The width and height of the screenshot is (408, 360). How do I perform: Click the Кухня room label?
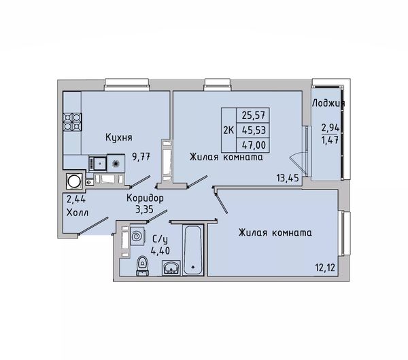[118, 137]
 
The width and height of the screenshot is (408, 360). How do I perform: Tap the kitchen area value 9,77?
[141, 157]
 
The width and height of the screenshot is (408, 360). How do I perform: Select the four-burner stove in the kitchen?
[73, 122]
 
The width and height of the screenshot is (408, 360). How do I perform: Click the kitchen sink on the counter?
[98, 163]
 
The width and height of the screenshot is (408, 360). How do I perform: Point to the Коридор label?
[146, 198]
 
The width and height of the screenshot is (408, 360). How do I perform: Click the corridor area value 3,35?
[144, 209]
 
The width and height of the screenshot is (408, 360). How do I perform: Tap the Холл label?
[78, 213]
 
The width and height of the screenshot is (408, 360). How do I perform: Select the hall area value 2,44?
[76, 200]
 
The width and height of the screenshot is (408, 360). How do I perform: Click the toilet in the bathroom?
[142, 266]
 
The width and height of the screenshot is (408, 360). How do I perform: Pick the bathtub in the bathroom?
[193, 250]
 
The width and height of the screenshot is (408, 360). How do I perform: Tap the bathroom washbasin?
[171, 268]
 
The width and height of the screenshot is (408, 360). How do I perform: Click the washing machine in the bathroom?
[137, 236]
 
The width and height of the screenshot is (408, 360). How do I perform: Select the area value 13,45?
[288, 179]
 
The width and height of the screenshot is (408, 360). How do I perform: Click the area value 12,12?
[325, 267]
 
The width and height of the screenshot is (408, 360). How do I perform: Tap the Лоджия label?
[328, 103]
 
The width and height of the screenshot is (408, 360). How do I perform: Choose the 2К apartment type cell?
[228, 130]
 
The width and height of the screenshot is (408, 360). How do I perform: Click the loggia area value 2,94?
[330, 128]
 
